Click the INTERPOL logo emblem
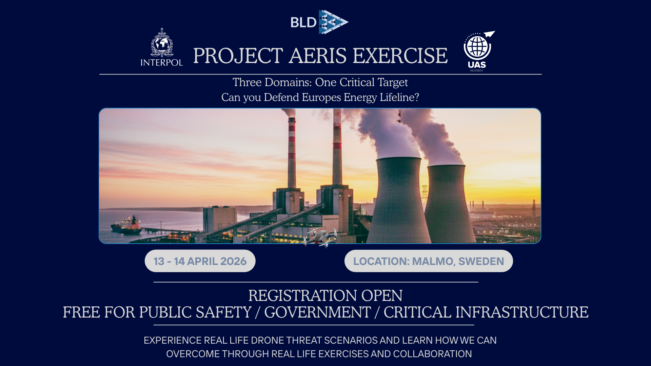click(x=162, y=47)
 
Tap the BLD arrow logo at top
click(x=320, y=22)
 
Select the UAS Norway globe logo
click(x=479, y=51)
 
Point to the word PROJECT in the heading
click(x=238, y=56)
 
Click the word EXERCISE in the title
click(x=400, y=56)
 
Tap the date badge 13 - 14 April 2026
click(x=200, y=261)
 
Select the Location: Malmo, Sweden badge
click(x=429, y=261)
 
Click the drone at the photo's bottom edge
click(x=320, y=237)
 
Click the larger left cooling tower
click(x=399, y=200)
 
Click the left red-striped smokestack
click(x=292, y=152)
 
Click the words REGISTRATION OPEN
click(x=325, y=296)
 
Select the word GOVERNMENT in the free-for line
click(x=317, y=312)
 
